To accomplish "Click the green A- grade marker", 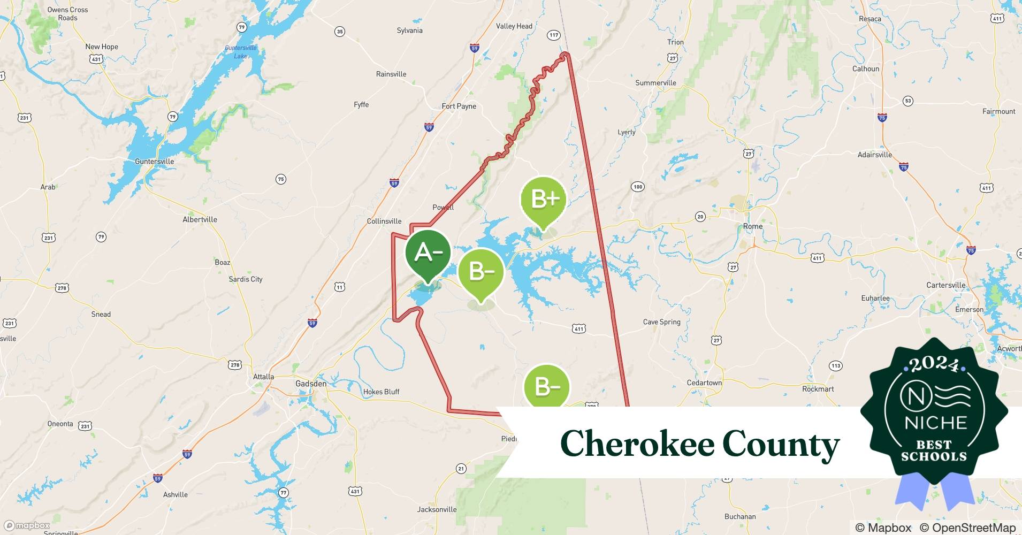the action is pyautogui.click(x=428, y=253).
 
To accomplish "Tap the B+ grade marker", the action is pyautogui.click(x=543, y=200).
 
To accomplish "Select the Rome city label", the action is pyautogui.click(x=752, y=226).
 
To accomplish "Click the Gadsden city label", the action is pyautogui.click(x=311, y=384).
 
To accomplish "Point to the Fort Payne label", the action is pyautogui.click(x=459, y=106).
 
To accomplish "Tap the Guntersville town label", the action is pyautogui.click(x=154, y=161).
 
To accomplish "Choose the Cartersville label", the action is pyautogui.click(x=945, y=285).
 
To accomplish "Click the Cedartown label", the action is pyautogui.click(x=704, y=383).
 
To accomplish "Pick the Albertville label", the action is pyautogui.click(x=200, y=219).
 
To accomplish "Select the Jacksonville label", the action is pyautogui.click(x=437, y=509).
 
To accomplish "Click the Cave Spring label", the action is pyautogui.click(x=661, y=322).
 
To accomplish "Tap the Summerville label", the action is pyautogui.click(x=655, y=83).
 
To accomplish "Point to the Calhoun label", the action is pyautogui.click(x=865, y=68).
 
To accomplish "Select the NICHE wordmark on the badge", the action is pyautogui.click(x=935, y=423).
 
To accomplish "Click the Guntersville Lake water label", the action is pyautogui.click(x=241, y=52).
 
